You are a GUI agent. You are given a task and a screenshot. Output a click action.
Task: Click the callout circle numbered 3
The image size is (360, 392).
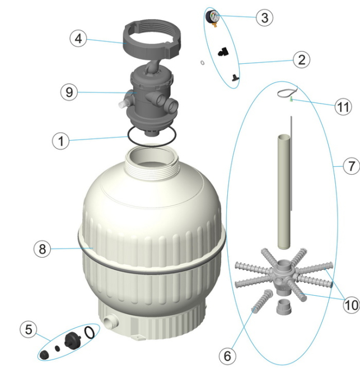[x=264, y=18]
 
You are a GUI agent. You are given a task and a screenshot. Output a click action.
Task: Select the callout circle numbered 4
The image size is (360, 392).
[x=78, y=39]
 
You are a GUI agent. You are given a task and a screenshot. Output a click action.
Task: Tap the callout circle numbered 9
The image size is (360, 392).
[x=69, y=92]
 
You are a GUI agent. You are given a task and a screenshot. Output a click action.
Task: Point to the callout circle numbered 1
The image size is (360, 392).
[x=61, y=141]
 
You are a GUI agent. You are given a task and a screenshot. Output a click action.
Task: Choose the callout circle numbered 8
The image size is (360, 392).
[x=42, y=249]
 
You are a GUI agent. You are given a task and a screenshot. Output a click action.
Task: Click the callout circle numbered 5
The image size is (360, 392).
[x=29, y=329]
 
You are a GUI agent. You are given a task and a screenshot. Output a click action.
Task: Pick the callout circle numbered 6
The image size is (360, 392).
[x=227, y=356]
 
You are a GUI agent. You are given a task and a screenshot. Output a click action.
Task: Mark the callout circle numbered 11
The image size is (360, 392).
[x=343, y=107]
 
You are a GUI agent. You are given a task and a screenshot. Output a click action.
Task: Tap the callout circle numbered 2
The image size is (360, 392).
[x=302, y=60]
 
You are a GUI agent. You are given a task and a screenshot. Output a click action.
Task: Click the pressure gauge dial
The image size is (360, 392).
[x=213, y=16]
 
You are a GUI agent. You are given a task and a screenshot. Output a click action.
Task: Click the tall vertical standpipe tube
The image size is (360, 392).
[x=284, y=192]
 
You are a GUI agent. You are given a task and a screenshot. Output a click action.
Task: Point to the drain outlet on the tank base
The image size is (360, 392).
[x=111, y=321]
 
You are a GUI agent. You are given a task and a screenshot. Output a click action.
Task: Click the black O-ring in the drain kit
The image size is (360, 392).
[x=89, y=332]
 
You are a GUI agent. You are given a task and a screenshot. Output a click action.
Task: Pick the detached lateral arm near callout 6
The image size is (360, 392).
[x=261, y=301]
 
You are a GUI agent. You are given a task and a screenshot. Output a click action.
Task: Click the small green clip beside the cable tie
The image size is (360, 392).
[x=291, y=99]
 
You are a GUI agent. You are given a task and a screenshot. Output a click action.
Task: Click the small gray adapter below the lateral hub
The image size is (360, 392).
[x=284, y=307]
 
